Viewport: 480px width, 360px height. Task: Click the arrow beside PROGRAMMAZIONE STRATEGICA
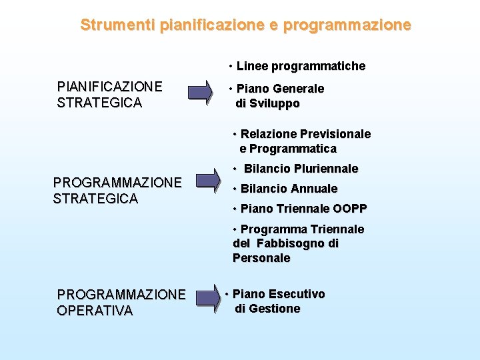(x=207, y=181)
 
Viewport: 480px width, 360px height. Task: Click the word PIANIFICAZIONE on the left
(x=109, y=87)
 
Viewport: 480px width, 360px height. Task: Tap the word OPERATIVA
(x=95, y=311)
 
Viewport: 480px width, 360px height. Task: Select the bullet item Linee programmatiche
(x=301, y=66)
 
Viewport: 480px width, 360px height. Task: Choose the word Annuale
(x=315, y=189)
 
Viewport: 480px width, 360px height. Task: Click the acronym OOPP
(x=349, y=209)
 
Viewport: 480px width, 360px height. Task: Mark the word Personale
(x=261, y=258)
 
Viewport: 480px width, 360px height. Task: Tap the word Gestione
(x=274, y=309)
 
